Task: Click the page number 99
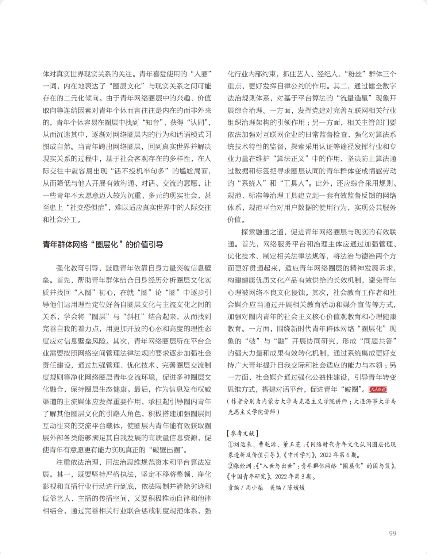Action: pyautogui.click(x=392, y=534)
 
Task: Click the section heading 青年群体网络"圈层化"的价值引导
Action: pyautogui.click(x=103, y=245)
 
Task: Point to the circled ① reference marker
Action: pyautogui.click(x=230, y=445)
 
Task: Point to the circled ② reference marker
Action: pyautogui.click(x=230, y=466)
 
